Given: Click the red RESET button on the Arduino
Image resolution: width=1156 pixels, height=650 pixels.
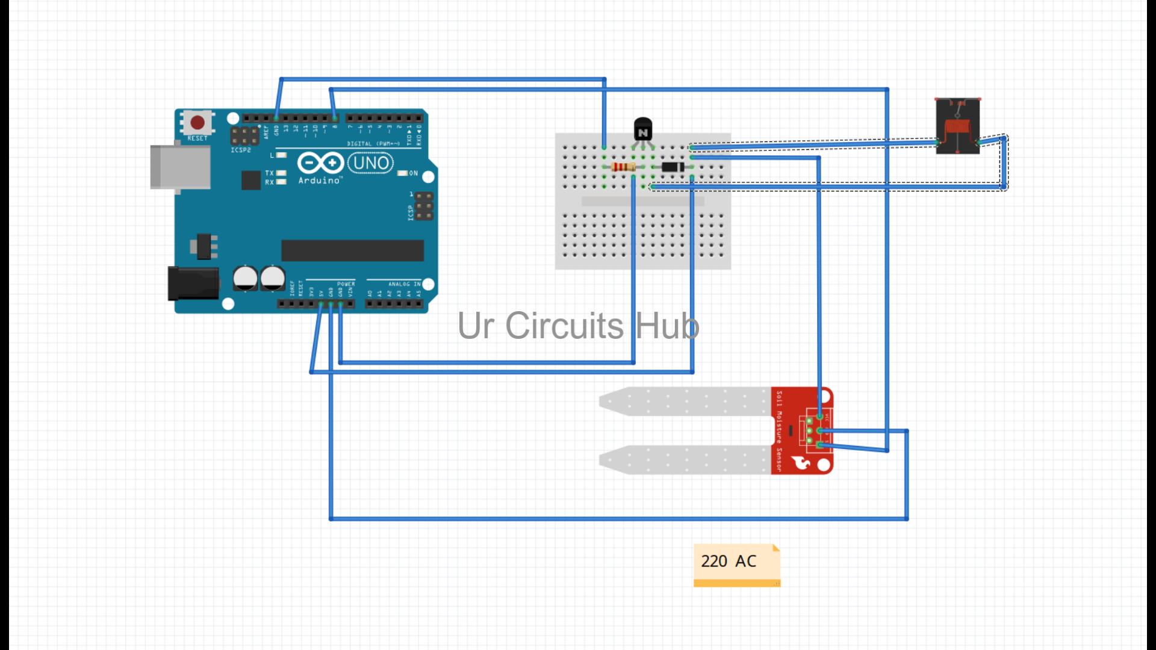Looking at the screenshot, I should [197, 123].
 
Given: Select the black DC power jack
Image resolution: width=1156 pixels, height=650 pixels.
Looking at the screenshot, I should [193, 283].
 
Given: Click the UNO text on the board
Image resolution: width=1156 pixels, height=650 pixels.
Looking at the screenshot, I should [370, 163].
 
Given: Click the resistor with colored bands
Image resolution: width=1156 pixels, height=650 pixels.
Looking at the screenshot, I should [623, 167].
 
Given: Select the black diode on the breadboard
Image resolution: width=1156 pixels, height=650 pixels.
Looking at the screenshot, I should [672, 167].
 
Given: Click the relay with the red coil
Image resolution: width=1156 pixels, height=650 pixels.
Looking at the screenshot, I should [957, 126].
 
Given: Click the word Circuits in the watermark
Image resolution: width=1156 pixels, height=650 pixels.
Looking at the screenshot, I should [564, 326].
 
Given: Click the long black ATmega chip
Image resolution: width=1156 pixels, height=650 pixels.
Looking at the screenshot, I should [352, 250].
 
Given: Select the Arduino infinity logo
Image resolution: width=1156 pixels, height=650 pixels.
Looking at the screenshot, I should [320, 162].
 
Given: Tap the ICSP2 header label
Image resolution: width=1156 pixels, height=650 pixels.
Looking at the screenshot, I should [241, 150].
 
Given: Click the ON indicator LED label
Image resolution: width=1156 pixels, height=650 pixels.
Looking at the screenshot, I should [413, 173].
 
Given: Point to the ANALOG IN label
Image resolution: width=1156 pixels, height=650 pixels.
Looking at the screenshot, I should [404, 284].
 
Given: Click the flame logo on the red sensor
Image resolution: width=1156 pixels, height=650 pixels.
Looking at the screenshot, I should [801, 462].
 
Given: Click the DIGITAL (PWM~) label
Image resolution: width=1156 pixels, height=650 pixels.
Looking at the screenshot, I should [373, 144].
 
